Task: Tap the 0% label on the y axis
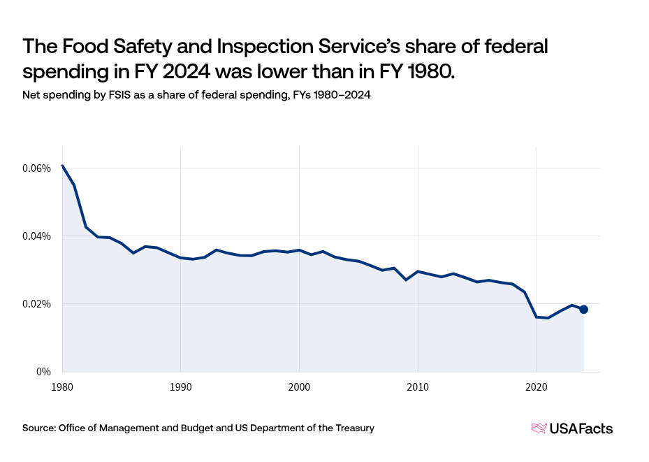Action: [x=45, y=372]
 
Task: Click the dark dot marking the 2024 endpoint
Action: [x=583, y=310]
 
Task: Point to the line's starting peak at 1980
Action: [x=62, y=166]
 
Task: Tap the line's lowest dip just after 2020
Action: [x=548, y=318]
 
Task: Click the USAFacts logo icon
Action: [x=539, y=428]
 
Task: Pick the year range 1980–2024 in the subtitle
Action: [x=338, y=96]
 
